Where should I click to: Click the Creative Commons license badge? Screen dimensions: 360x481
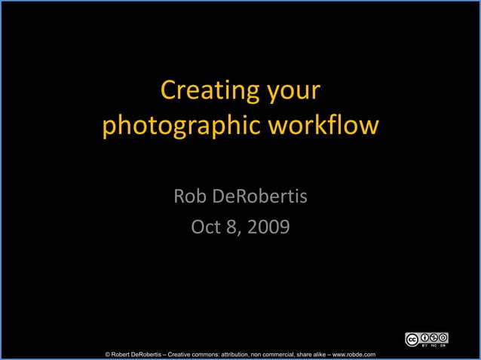pyautogui.click(x=427, y=340)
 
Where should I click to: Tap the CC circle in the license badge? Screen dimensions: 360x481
pyautogui.click(x=412, y=340)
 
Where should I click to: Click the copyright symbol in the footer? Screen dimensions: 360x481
pyautogui.click(x=109, y=354)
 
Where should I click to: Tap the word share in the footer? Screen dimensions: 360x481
pyautogui.click(x=306, y=354)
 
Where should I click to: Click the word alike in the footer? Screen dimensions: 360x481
pyautogui.click(x=325, y=354)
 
